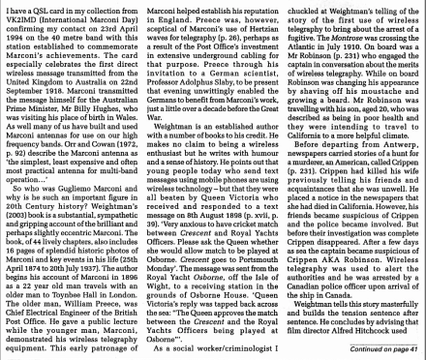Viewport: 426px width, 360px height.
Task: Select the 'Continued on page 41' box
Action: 375,349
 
